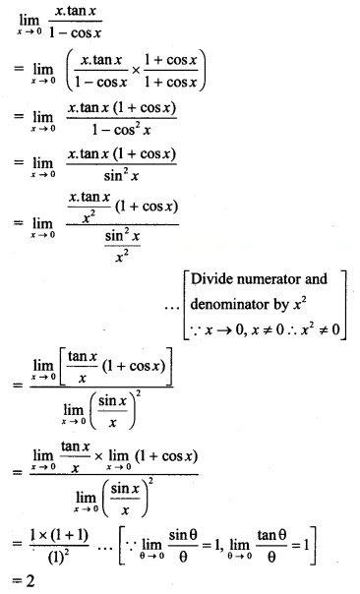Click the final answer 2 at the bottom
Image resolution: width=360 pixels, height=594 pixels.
[30, 581]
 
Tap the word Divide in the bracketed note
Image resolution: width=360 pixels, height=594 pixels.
[207, 279]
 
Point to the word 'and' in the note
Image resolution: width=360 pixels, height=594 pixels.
[316, 279]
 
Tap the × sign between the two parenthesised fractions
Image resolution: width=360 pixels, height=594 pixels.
[136, 71]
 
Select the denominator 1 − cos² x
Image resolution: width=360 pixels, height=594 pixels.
[121, 130]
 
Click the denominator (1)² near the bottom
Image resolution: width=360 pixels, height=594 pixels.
[58, 557]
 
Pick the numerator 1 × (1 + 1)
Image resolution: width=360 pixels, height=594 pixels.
[59, 535]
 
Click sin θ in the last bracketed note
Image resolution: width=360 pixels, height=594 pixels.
[183, 535]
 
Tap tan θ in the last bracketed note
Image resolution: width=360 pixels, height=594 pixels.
[271, 535]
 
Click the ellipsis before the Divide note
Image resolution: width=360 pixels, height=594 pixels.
[172, 307]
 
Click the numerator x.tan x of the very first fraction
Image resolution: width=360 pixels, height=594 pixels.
[76, 11]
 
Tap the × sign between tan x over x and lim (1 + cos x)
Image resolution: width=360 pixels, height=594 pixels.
[98, 456]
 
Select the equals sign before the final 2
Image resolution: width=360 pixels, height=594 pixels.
[18, 581]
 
